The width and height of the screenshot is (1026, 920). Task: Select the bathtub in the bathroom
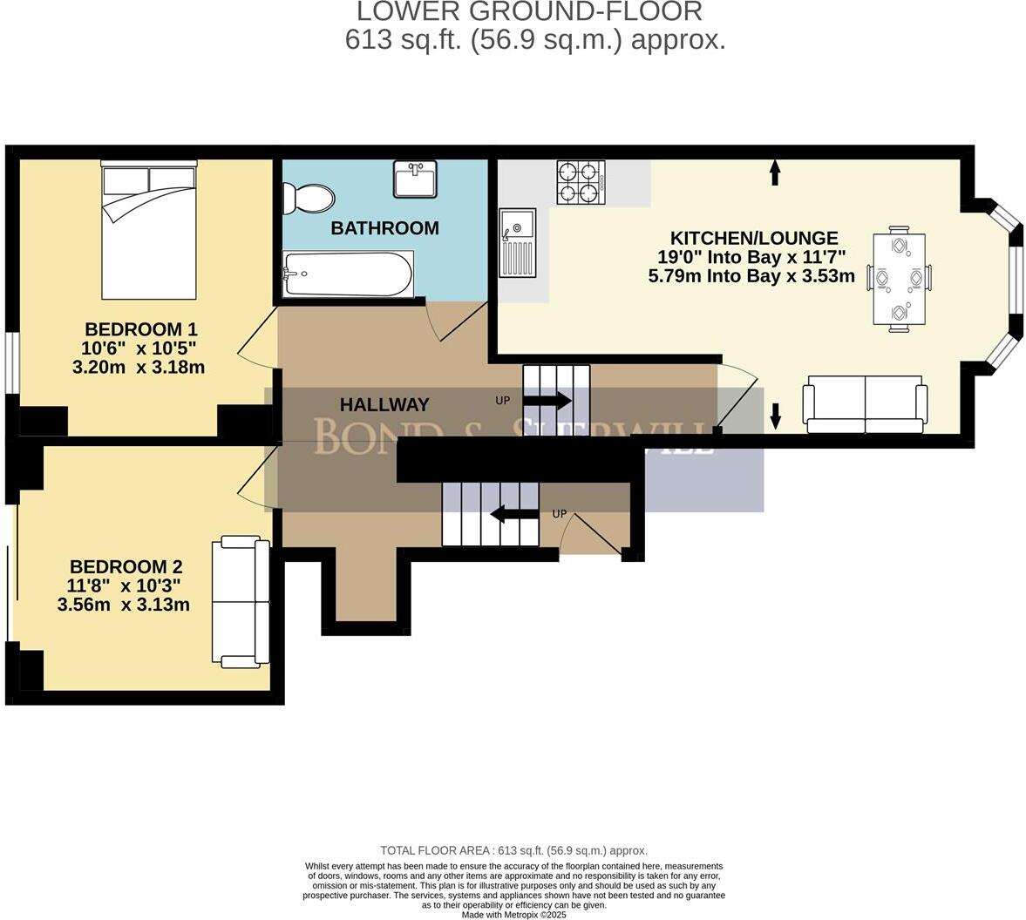tap(347, 274)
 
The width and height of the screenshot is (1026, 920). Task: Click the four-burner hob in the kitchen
tap(581, 182)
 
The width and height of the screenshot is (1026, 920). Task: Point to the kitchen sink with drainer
tap(517, 243)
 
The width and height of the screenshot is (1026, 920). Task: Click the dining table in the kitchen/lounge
tap(899, 277)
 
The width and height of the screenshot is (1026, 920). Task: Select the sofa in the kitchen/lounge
tap(865, 404)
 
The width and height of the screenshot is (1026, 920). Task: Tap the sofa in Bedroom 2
tap(241, 603)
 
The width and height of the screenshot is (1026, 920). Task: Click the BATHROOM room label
tap(384, 228)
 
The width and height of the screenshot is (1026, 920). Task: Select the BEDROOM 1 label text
tap(140, 329)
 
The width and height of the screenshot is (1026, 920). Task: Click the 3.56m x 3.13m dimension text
tap(123, 605)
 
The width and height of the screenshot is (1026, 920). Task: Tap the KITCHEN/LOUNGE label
tap(753, 238)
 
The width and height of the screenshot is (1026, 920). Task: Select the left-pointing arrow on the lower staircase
tap(514, 514)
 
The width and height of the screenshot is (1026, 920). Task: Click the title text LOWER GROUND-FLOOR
tap(530, 12)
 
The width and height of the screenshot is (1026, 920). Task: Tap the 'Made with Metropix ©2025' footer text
tap(514, 915)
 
